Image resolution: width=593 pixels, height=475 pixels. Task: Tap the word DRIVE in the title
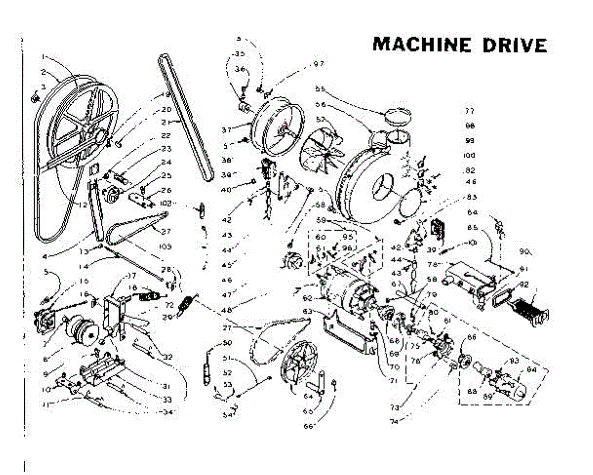(x=515, y=44)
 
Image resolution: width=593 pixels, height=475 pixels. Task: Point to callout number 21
(x=166, y=122)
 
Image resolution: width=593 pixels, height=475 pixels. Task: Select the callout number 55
(x=320, y=89)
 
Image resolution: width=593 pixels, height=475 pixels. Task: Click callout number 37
(x=227, y=130)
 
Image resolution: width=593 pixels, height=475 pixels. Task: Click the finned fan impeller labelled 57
(x=321, y=148)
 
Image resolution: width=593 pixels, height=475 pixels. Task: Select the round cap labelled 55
(x=398, y=117)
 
